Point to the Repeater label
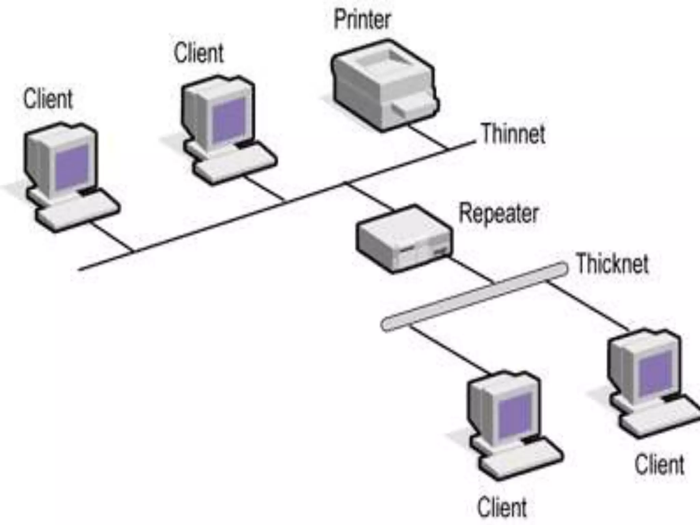coord(498,214)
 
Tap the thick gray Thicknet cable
coord(475,296)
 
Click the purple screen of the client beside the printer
coord(228,120)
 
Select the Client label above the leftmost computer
coord(48,99)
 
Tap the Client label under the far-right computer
coord(659,465)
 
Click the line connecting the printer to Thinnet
coord(427,137)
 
